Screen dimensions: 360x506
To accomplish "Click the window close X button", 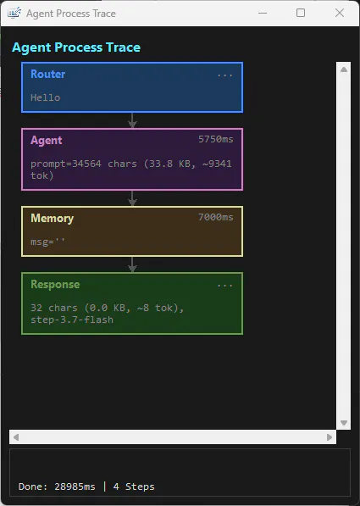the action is tap(340, 13).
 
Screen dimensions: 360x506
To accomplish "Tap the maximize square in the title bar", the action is tap(301, 13).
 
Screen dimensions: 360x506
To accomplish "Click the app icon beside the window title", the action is tap(14, 14).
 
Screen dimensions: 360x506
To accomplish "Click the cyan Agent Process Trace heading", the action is tap(76, 47).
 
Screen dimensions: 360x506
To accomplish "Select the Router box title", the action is tap(48, 75).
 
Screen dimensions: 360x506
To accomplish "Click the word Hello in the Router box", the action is tap(46, 97).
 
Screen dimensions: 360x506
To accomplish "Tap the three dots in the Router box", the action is tap(224, 76).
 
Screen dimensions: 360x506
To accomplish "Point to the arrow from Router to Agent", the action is tap(132, 120).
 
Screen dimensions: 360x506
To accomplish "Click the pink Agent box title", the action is tap(47, 141).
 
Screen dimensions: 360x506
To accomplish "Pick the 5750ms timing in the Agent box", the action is tap(216, 139).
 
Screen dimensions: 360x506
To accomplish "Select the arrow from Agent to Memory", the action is tap(132, 198).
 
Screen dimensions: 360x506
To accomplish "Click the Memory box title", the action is tap(53, 219).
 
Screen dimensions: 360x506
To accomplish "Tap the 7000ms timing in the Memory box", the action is tap(216, 217).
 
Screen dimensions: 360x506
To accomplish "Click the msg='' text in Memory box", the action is tap(47, 242).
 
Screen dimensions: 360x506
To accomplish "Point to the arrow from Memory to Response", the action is tap(132, 264).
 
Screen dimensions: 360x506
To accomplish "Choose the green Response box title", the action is tap(55, 284).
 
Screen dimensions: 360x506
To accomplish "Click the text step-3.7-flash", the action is tap(72, 320).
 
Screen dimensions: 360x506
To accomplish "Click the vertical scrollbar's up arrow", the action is tap(344, 70).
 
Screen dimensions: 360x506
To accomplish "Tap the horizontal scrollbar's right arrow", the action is tap(329, 437).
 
